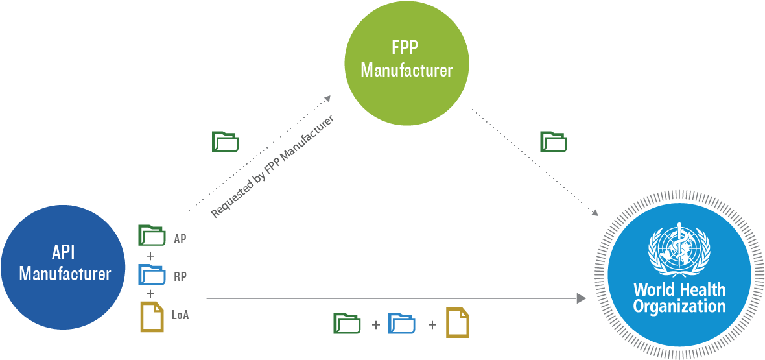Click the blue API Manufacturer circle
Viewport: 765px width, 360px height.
[x=63, y=266]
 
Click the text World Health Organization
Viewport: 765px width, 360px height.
[x=679, y=298]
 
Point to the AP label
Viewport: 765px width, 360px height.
[x=180, y=239]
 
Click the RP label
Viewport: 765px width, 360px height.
[x=180, y=276]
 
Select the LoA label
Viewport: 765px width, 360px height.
[x=180, y=315]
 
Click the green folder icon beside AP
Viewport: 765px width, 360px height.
[x=152, y=235]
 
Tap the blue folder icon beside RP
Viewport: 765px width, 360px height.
[x=152, y=274]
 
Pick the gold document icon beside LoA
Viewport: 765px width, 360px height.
[x=152, y=317]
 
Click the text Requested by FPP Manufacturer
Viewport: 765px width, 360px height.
[x=272, y=167]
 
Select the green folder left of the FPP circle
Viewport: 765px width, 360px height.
[x=226, y=141]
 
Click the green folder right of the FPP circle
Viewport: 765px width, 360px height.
[x=554, y=141]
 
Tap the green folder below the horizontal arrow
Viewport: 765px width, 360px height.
[x=347, y=323]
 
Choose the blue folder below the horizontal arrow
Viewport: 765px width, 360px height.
[x=401, y=323]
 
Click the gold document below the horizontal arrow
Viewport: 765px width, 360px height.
[x=457, y=322]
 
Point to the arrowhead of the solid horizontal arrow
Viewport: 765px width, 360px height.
[x=581, y=298]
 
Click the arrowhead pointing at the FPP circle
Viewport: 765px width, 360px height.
[x=327, y=98]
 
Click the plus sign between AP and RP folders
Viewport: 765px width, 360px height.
[x=150, y=256]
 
